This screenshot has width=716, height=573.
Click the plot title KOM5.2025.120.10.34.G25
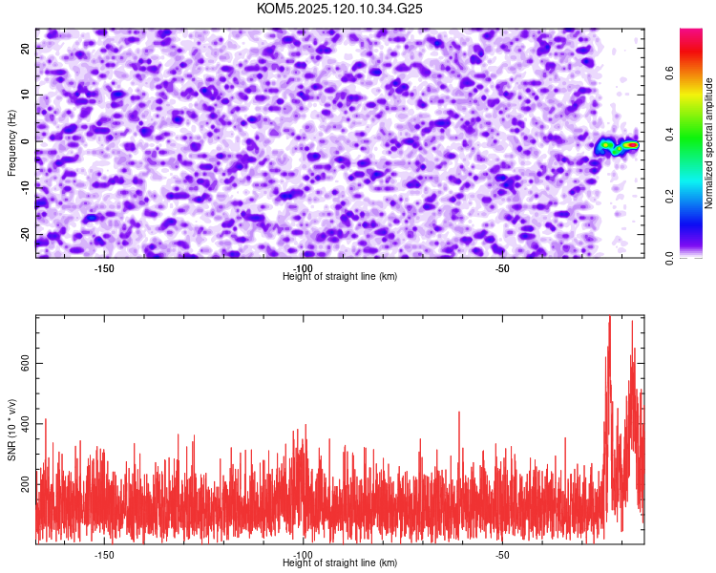[x=339, y=9]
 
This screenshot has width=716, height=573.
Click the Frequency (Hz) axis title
[x=11, y=143]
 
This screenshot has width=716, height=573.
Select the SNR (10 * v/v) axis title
[x=11, y=430]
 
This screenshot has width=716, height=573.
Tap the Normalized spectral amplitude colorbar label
[x=708, y=143]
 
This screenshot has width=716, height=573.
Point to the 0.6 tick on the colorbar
[x=669, y=73]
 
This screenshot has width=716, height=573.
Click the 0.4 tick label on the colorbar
[x=669, y=135]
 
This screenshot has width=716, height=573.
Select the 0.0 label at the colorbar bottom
[x=669, y=258]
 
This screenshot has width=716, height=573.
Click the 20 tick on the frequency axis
[x=26, y=49]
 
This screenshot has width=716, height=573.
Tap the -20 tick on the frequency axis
[x=26, y=235]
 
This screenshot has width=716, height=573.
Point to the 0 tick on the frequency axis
[x=26, y=141]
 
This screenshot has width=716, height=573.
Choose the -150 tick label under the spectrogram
[x=104, y=268]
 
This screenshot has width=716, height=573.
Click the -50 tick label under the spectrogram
[x=502, y=268]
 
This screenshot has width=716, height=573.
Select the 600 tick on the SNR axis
[x=26, y=363]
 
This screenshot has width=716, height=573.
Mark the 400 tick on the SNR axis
[x=26, y=424]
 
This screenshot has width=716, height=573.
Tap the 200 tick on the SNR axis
[x=26, y=485]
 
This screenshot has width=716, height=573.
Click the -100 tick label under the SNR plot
[x=303, y=555]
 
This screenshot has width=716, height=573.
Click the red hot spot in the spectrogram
[x=632, y=145]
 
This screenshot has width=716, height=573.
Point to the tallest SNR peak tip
[x=609, y=316]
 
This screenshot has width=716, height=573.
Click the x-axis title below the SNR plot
[x=340, y=562]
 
